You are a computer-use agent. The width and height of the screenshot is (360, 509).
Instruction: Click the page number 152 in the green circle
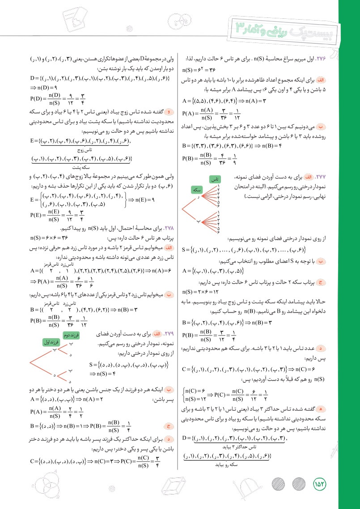coord(319,484)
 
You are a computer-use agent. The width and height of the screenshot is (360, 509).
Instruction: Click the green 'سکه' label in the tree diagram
coord(197,190)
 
